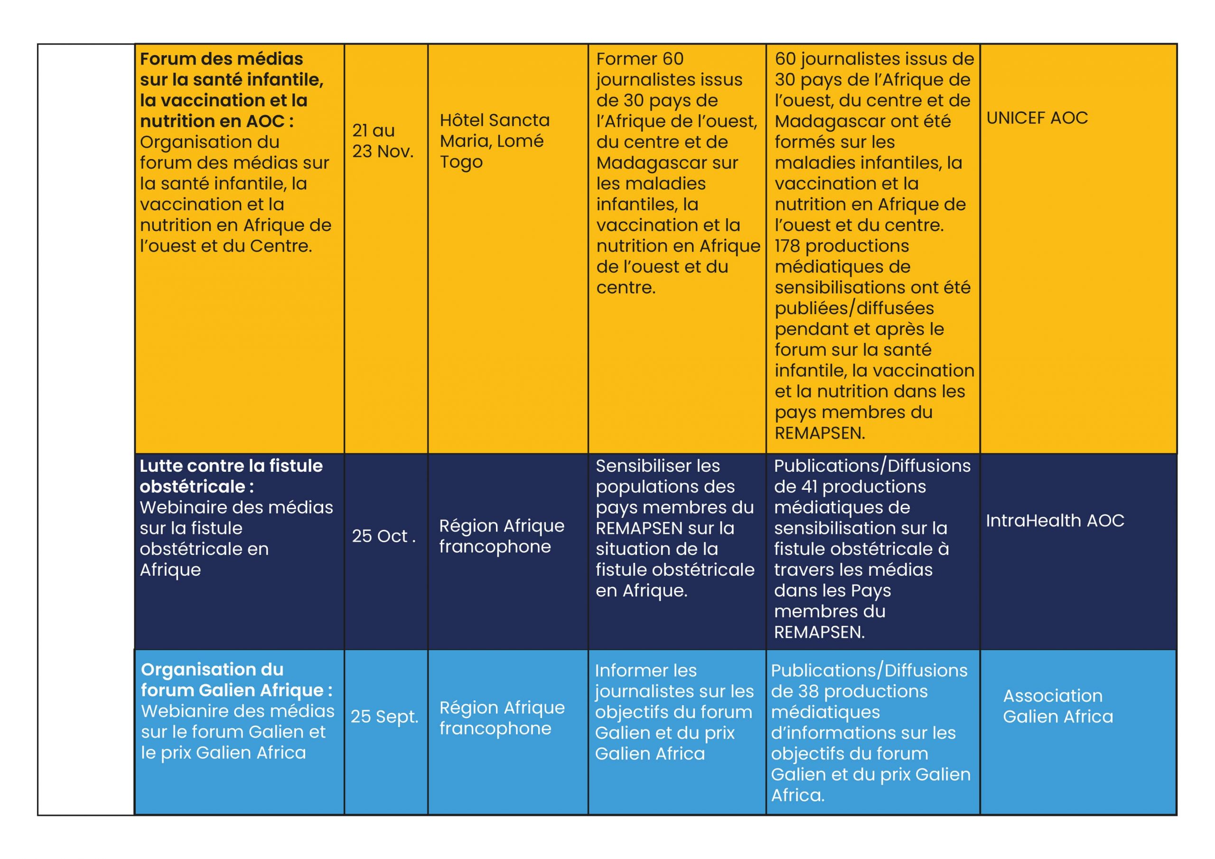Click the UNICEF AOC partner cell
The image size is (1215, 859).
[1037, 118]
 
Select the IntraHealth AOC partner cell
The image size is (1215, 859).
[1054, 521]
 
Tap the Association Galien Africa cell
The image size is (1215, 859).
[1057, 706]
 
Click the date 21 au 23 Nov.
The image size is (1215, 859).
[383, 141]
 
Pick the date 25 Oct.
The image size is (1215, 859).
[383, 536]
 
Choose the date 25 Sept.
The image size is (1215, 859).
[384, 717]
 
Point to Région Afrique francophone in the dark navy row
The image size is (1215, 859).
[501, 536]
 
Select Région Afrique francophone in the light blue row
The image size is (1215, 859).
[502, 718]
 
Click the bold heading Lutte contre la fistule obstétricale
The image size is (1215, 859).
[231, 476]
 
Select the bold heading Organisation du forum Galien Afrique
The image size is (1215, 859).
[236, 680]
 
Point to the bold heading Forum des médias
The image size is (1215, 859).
[221, 59]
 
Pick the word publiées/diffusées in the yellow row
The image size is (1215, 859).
[854, 308]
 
